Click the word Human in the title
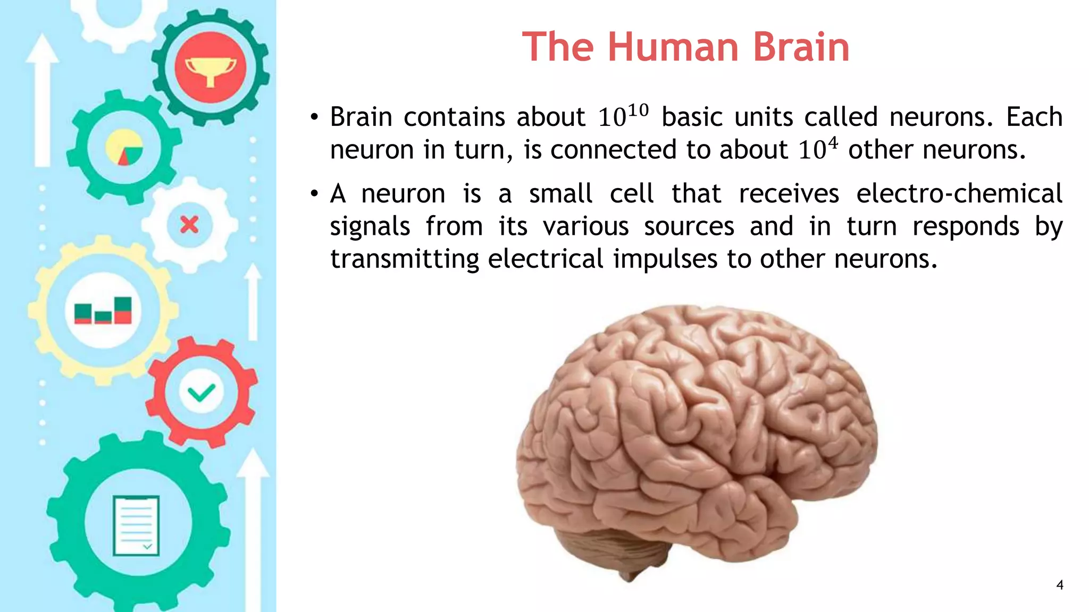coord(673,47)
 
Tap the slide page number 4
coord(1060,585)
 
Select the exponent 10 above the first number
coord(638,110)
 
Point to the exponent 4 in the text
coord(833,143)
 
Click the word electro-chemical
coord(959,193)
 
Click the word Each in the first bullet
coord(1034,117)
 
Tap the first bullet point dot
coord(315,117)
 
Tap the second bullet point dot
coord(315,194)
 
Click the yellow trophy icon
coord(211,70)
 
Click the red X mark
coord(189,225)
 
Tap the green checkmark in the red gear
coord(202,393)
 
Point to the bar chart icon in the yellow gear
coord(103,311)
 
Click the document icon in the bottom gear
coord(136,525)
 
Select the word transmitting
coord(405,259)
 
